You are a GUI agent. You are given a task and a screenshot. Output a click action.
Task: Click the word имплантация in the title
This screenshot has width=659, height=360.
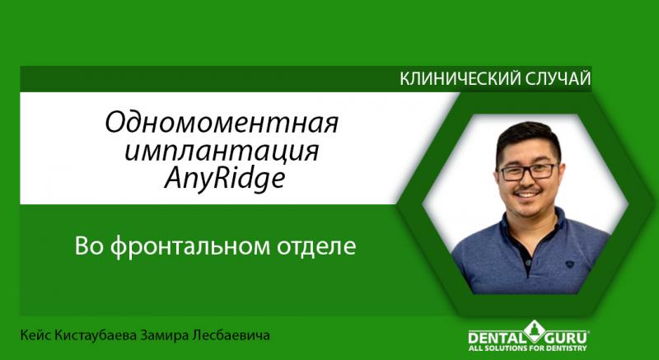pyautogui.click(x=221, y=152)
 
